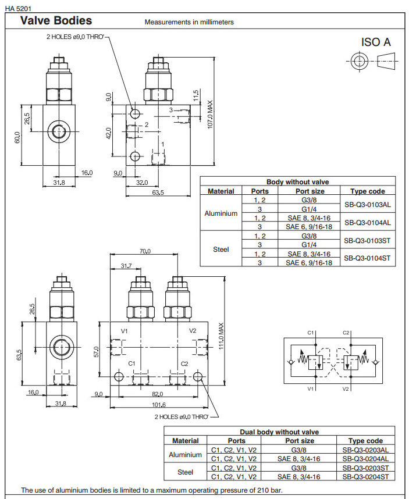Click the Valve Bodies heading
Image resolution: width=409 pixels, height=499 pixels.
(x=56, y=21)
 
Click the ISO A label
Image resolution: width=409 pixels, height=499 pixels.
(x=376, y=42)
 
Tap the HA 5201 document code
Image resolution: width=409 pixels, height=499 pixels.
(x=17, y=8)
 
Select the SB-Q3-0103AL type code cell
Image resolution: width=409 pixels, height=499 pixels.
(x=367, y=204)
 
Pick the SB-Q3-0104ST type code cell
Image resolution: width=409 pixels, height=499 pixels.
(x=367, y=258)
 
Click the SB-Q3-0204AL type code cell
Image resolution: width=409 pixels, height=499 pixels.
(x=365, y=459)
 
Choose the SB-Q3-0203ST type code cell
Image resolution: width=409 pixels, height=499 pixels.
(x=365, y=468)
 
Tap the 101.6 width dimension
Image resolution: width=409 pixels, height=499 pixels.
(x=158, y=405)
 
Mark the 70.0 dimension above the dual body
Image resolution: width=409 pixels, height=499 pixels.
(x=144, y=251)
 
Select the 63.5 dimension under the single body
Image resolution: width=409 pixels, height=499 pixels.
(x=158, y=192)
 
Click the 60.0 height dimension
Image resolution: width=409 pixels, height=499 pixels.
(x=18, y=137)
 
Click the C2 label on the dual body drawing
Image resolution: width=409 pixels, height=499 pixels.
(x=184, y=363)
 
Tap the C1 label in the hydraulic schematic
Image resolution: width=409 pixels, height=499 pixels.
(x=310, y=333)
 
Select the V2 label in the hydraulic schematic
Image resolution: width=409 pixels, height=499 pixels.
(x=346, y=388)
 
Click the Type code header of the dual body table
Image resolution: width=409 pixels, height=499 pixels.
(x=365, y=441)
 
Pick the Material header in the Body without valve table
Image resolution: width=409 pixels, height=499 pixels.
(x=221, y=191)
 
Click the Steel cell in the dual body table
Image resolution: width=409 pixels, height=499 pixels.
(x=185, y=472)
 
